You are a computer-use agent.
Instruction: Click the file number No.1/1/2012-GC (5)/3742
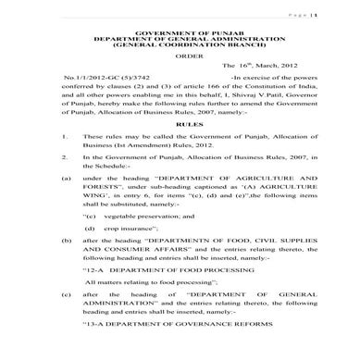click(x=96, y=76)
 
